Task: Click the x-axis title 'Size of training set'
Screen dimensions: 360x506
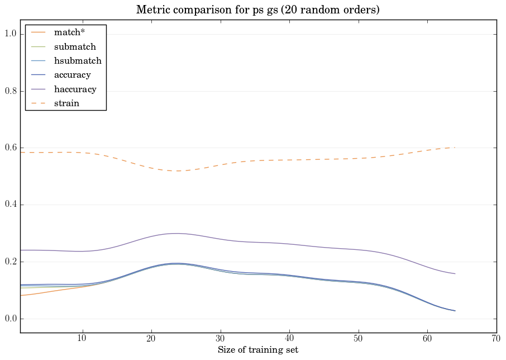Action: coord(258,350)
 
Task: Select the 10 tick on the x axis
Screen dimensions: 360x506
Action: coord(82,339)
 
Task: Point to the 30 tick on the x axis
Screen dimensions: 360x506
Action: coord(220,339)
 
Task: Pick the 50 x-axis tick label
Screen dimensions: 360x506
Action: coord(358,339)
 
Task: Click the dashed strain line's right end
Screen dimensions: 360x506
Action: coord(455,148)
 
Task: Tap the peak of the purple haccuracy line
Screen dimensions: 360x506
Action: coord(176,233)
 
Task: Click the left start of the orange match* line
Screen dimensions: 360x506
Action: coord(21,295)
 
